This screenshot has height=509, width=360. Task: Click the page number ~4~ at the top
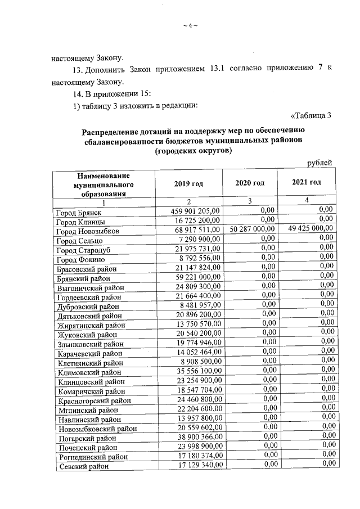[x=191, y=25]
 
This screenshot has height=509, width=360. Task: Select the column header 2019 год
[x=188, y=183]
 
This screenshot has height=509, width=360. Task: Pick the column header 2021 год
[x=307, y=182]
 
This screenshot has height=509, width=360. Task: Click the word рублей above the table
[x=319, y=163]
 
